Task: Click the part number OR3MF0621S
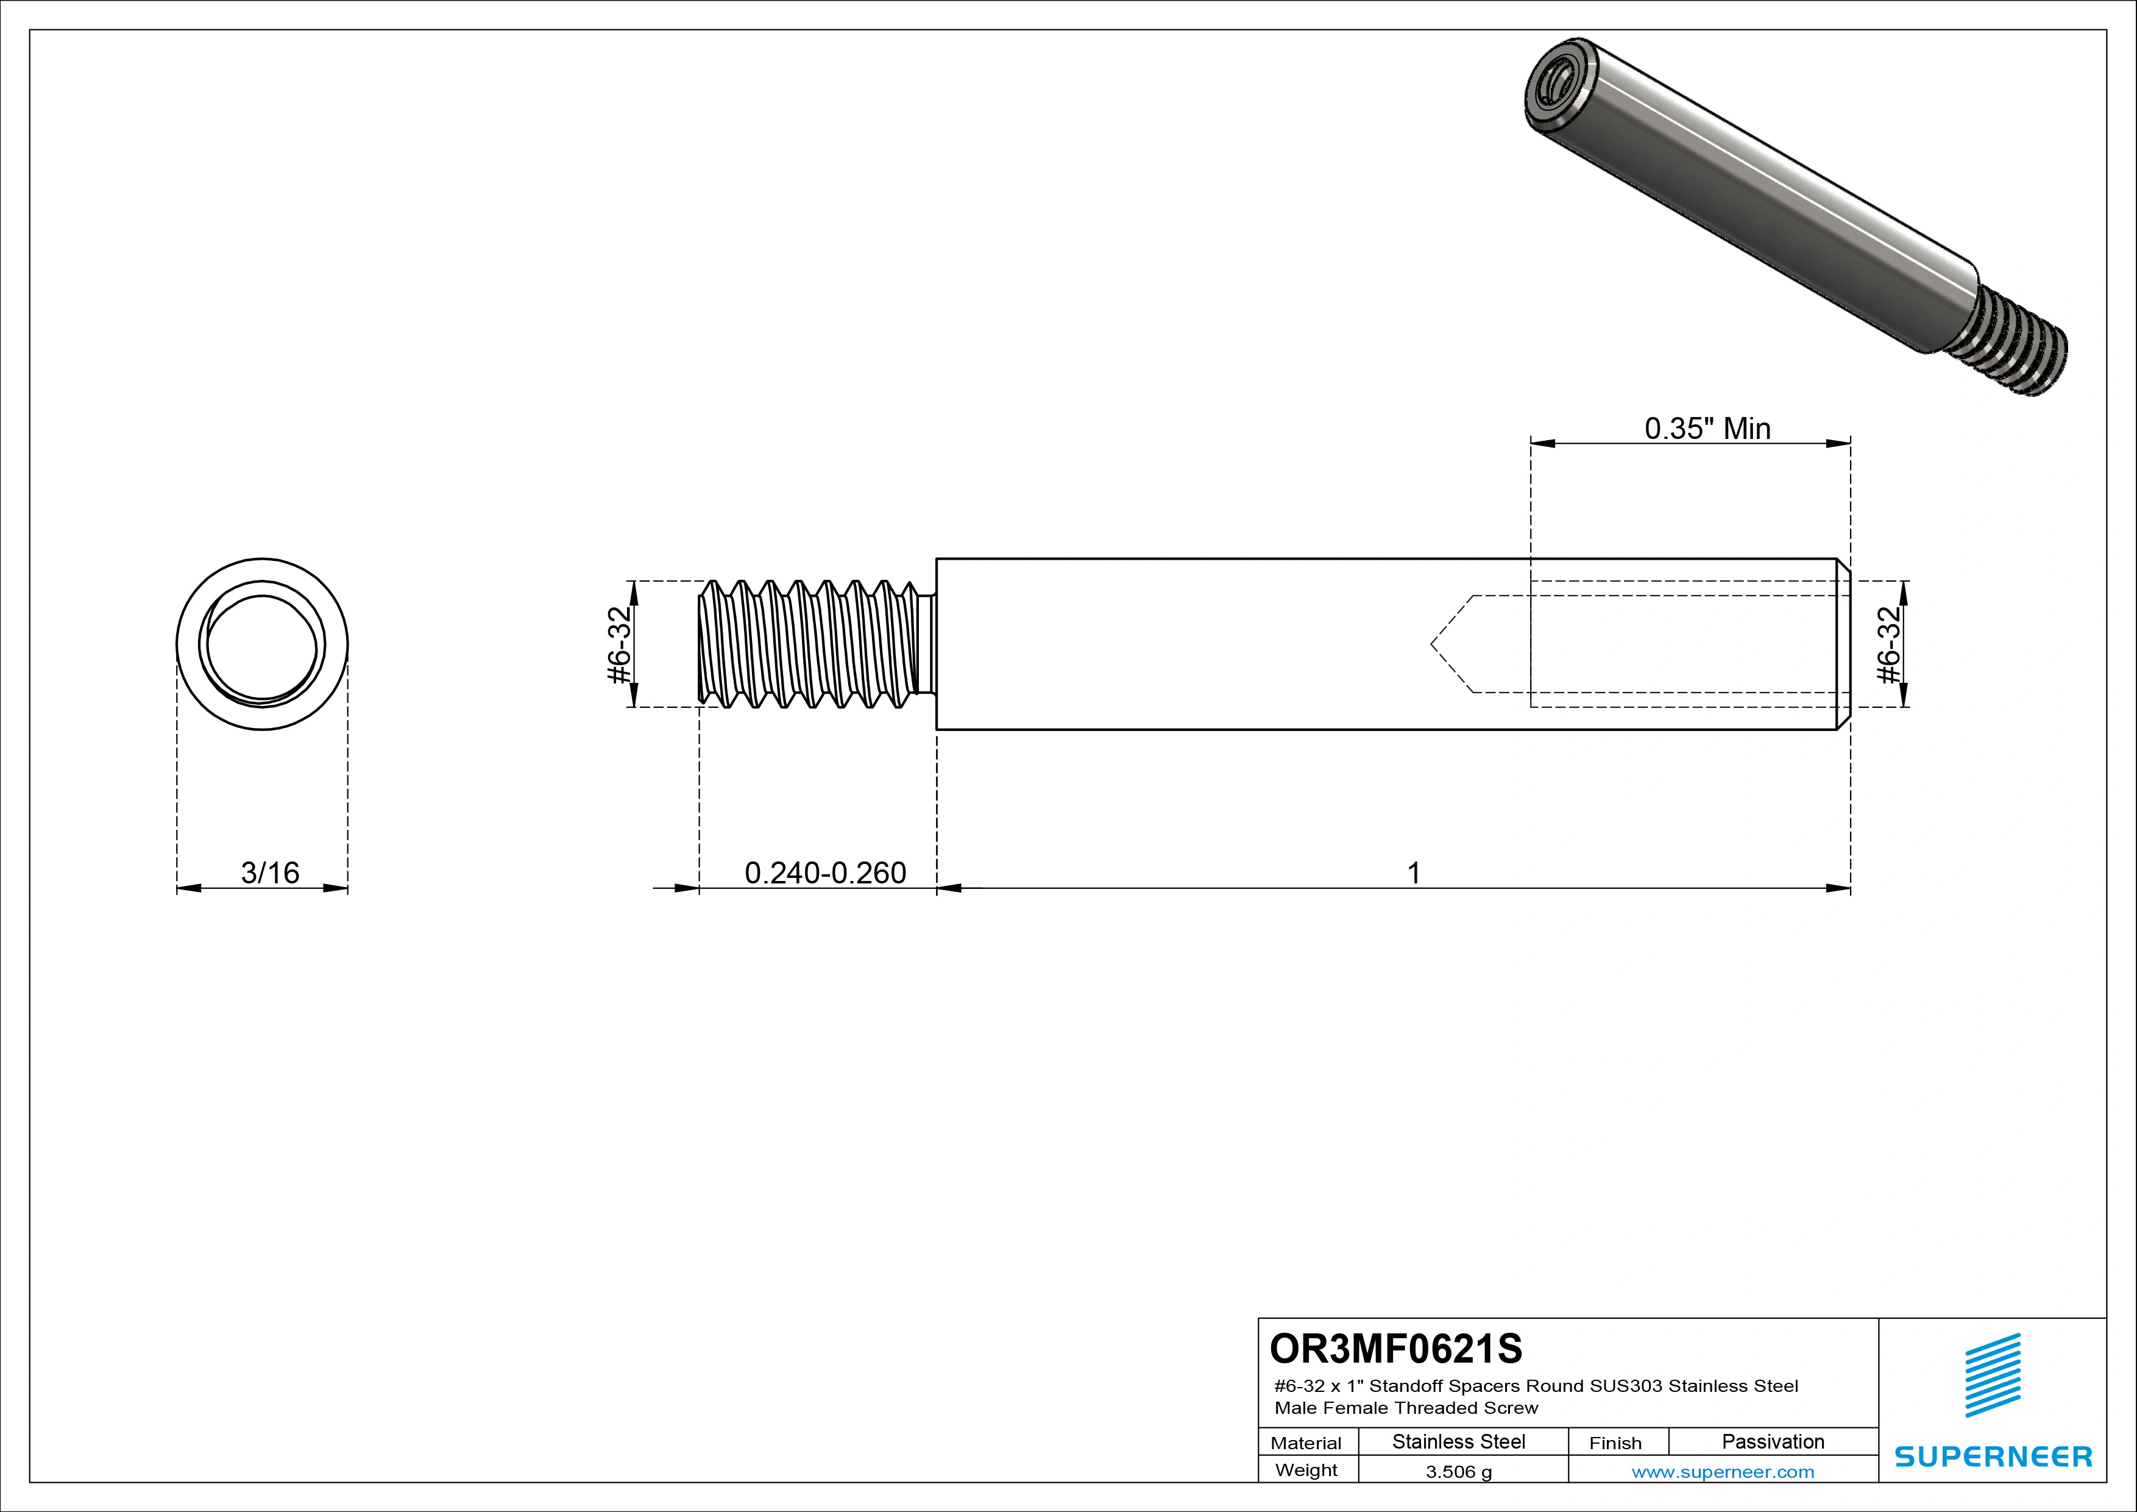1395,1348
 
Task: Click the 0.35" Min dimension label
1707,429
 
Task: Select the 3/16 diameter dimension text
270,872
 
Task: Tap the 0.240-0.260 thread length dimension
824,872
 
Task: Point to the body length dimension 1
1413,873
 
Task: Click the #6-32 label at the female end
1888,644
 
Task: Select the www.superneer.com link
1722,1472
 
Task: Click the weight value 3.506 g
1458,1472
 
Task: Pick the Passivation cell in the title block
1772,1442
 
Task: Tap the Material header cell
1306,1443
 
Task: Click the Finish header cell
1615,1443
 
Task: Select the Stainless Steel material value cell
1458,1442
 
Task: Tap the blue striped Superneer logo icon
1992,1376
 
